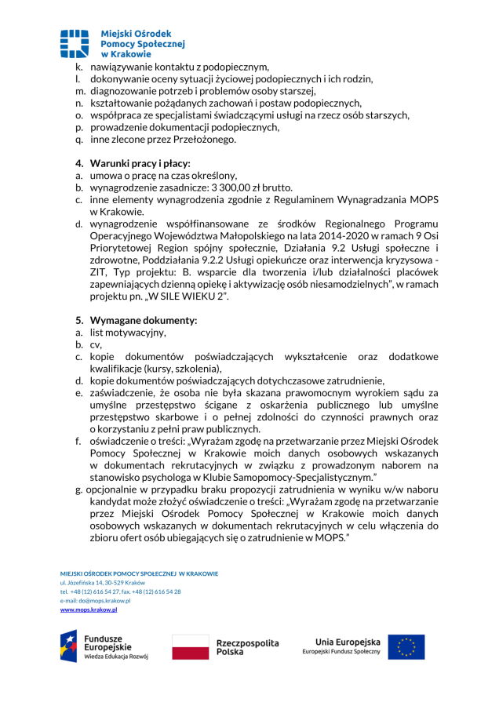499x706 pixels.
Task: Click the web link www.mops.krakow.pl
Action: [x=89, y=609]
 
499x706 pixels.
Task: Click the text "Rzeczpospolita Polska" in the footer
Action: [x=247, y=647]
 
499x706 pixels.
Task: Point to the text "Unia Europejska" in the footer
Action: [x=347, y=641]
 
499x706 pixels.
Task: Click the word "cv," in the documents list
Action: [x=96, y=344]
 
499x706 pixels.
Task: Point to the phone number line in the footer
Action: [x=120, y=591]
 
